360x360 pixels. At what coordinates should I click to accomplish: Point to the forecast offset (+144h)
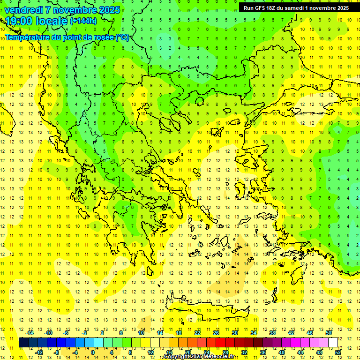pyautogui.click(x=83, y=21)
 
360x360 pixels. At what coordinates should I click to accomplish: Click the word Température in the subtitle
pyautogui.click(x=27, y=37)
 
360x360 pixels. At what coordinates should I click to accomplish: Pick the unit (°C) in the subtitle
pyautogui.click(x=122, y=37)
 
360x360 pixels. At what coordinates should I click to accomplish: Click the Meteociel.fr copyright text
pyautogui.click(x=199, y=357)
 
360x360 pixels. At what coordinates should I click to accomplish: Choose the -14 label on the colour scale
pyautogui.click(x=30, y=332)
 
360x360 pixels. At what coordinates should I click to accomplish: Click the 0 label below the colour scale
pyautogui.click(x=92, y=352)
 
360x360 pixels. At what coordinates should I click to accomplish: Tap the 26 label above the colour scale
pyautogui.click(x=216, y=332)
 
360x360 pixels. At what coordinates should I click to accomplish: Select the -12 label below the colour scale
pyautogui.click(x=39, y=352)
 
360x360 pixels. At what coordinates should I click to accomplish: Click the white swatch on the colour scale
pyautogui.click(x=333, y=342)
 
